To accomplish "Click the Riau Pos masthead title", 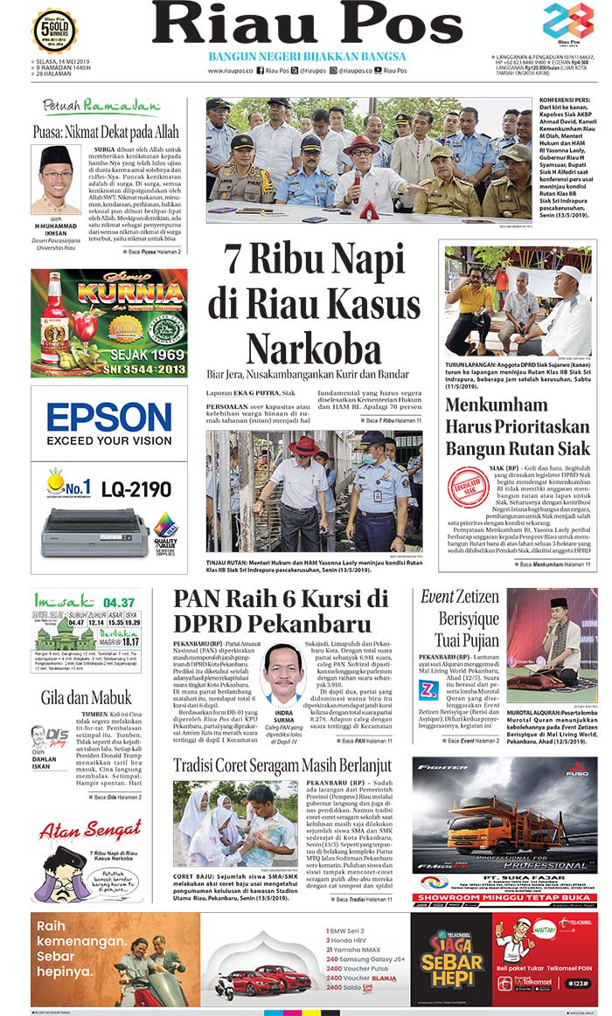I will point(307,24).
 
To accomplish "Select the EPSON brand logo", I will point(108,417).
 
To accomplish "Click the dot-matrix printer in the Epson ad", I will point(94,531).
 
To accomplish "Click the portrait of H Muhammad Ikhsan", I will point(55,179).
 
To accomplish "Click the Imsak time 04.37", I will point(118,602).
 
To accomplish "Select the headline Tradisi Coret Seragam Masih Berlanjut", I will point(281,766).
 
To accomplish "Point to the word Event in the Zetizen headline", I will point(437,598).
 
